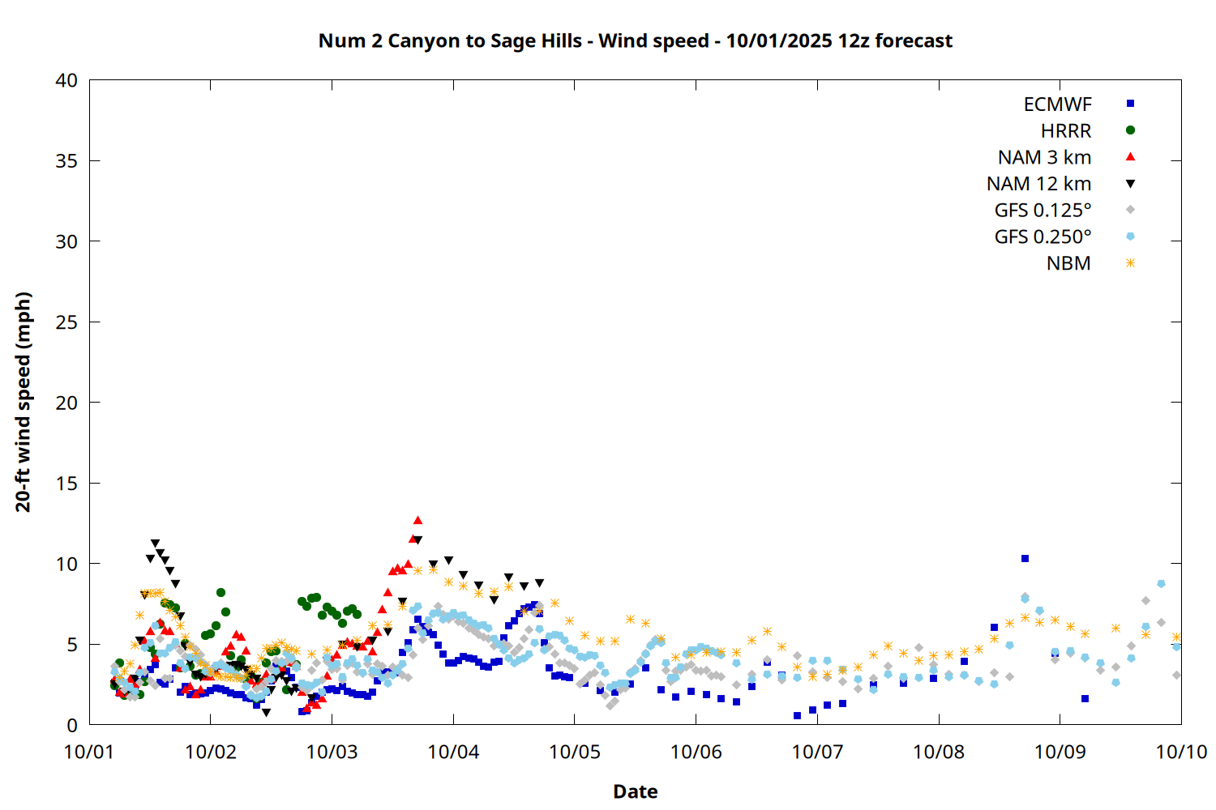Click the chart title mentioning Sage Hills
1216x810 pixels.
(635, 40)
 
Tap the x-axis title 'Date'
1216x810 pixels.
(635, 791)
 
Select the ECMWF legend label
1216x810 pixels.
(1057, 104)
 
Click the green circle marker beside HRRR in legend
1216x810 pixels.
(1130, 130)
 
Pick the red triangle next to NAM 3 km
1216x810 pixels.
(1130, 157)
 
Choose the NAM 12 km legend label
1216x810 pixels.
(1038, 184)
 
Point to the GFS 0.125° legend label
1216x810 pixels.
(1043, 211)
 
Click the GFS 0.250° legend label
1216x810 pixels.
(1043, 237)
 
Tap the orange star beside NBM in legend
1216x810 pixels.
(1130, 263)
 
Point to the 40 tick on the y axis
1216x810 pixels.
(66, 80)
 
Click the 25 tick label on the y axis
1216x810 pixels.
(66, 322)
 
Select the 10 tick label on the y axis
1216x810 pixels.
(66, 564)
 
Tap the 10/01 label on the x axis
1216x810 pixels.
(89, 752)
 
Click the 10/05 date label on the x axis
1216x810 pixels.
(575, 752)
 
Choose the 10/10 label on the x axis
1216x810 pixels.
(1181, 752)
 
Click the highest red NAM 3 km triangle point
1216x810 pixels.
(417, 520)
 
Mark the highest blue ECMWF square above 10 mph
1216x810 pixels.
(1025, 558)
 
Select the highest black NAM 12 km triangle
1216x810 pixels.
(155, 544)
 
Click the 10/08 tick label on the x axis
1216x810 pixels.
(939, 752)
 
